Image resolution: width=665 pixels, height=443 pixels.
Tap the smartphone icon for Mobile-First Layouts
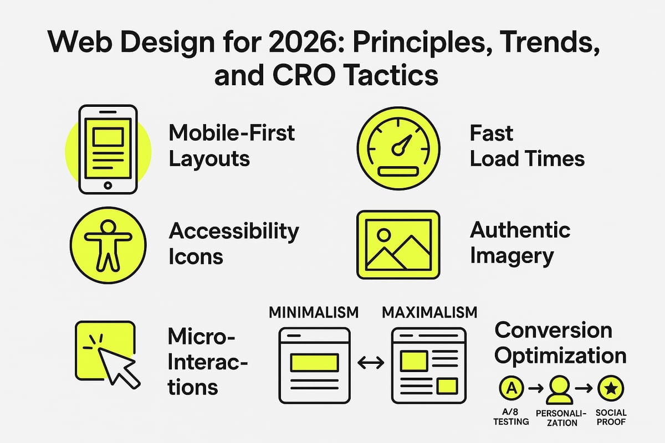[x=108, y=148]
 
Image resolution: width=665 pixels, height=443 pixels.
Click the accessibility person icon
[x=108, y=244]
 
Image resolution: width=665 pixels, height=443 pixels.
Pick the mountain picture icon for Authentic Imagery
[x=398, y=244]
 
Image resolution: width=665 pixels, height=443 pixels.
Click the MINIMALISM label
[x=314, y=313]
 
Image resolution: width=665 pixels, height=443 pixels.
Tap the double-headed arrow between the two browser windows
[x=371, y=363]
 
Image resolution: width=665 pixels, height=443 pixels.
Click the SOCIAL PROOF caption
[x=611, y=418]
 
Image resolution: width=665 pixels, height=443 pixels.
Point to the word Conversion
[x=553, y=331]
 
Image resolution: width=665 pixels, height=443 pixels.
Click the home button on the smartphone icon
[x=108, y=185]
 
